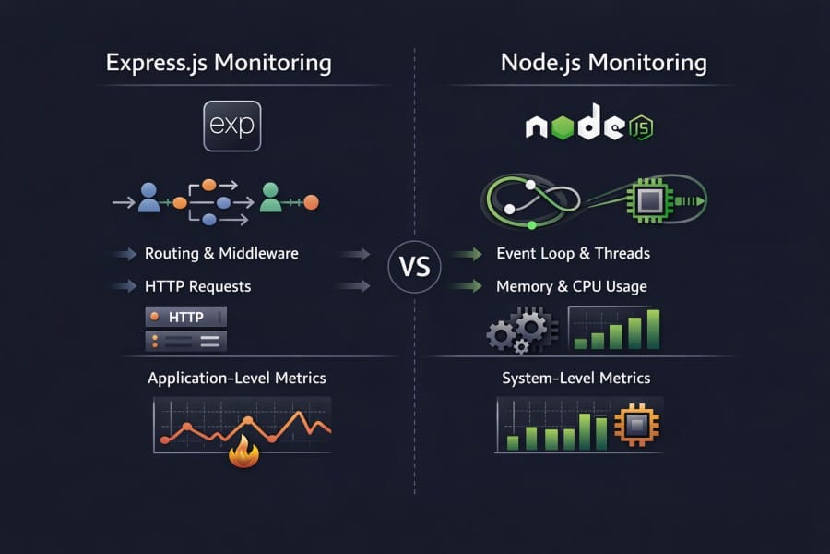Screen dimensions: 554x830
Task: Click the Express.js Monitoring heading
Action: point(219,64)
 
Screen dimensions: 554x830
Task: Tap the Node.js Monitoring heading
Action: point(604,64)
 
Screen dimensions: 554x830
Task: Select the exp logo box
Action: point(231,126)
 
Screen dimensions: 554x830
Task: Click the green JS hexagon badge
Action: point(639,128)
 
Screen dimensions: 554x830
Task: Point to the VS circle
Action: point(415,268)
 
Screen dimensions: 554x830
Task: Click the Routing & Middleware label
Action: point(221,253)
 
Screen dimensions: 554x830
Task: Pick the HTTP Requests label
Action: point(197,286)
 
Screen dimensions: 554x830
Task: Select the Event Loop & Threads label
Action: point(573,253)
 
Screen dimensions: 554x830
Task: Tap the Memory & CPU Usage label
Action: point(571,286)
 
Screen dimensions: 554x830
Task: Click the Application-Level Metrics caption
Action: point(236,379)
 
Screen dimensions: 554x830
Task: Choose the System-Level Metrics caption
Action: point(575,379)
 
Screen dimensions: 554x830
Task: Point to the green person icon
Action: point(270,197)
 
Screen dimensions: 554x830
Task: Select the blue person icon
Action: point(148,197)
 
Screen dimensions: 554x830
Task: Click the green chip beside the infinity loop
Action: point(644,199)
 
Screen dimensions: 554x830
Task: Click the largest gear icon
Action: point(530,326)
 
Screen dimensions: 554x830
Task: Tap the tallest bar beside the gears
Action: point(653,329)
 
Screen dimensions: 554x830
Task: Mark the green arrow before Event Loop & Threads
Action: point(469,253)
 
